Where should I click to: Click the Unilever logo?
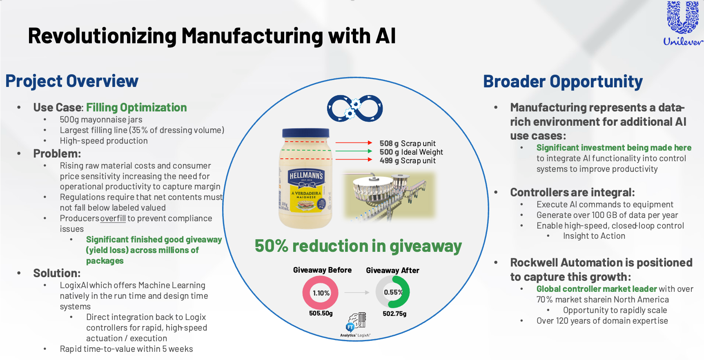(x=682, y=23)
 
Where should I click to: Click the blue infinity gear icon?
(x=355, y=109)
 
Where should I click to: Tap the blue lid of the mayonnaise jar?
(x=306, y=133)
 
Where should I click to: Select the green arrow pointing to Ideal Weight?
(x=354, y=151)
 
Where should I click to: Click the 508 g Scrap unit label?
(x=407, y=143)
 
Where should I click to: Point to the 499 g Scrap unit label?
(x=407, y=161)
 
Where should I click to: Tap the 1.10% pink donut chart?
(x=321, y=293)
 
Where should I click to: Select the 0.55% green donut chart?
(x=393, y=292)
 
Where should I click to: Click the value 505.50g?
(x=321, y=313)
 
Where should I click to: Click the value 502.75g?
(x=394, y=314)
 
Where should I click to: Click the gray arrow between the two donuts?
(x=356, y=293)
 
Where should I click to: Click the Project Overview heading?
(x=72, y=81)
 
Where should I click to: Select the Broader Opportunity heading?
(x=563, y=82)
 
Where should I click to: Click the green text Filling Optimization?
(x=136, y=107)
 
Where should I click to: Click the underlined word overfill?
(x=113, y=218)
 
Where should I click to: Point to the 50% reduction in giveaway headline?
(x=358, y=246)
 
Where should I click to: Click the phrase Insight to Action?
(x=594, y=236)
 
